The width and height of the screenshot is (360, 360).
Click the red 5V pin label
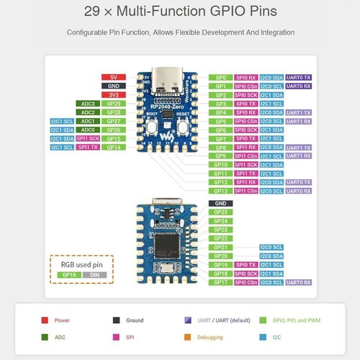click(x=113, y=76)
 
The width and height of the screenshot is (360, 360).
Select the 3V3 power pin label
click(x=113, y=94)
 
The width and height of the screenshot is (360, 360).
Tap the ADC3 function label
click(x=88, y=104)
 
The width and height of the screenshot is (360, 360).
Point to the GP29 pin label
click(x=113, y=104)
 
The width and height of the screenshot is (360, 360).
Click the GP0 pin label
click(x=220, y=77)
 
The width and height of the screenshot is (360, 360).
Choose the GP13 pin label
click(x=220, y=191)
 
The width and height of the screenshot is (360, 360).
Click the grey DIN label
click(x=95, y=275)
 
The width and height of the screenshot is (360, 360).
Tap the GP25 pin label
click(x=220, y=212)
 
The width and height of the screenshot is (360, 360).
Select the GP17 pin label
click(x=220, y=282)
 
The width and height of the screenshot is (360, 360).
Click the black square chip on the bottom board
click(x=167, y=242)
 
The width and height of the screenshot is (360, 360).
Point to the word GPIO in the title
click(x=207, y=12)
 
